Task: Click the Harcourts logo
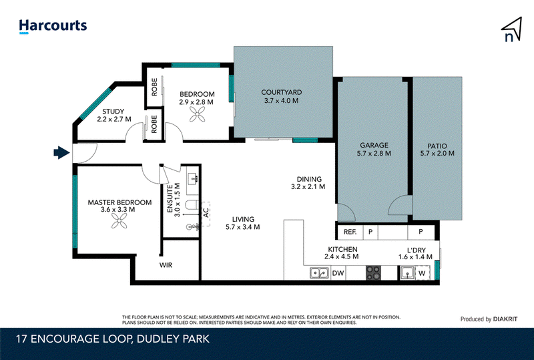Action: click(53, 26)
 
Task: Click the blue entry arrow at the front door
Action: click(61, 153)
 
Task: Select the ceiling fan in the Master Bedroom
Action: click(119, 221)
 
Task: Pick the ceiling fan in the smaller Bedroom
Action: click(197, 114)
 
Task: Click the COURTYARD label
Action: click(281, 92)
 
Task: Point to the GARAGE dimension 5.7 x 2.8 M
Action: click(374, 154)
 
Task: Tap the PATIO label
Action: click(437, 146)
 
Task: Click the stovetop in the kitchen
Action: click(373, 273)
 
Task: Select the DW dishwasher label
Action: click(338, 273)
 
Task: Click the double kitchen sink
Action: click(320, 273)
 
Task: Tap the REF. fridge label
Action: click(350, 232)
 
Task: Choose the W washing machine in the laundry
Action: click(423, 273)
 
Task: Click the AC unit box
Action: click(206, 214)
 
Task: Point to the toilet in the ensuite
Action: click(192, 204)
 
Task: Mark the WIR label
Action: click(166, 265)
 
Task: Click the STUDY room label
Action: click(113, 112)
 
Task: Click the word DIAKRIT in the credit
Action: click(505, 319)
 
